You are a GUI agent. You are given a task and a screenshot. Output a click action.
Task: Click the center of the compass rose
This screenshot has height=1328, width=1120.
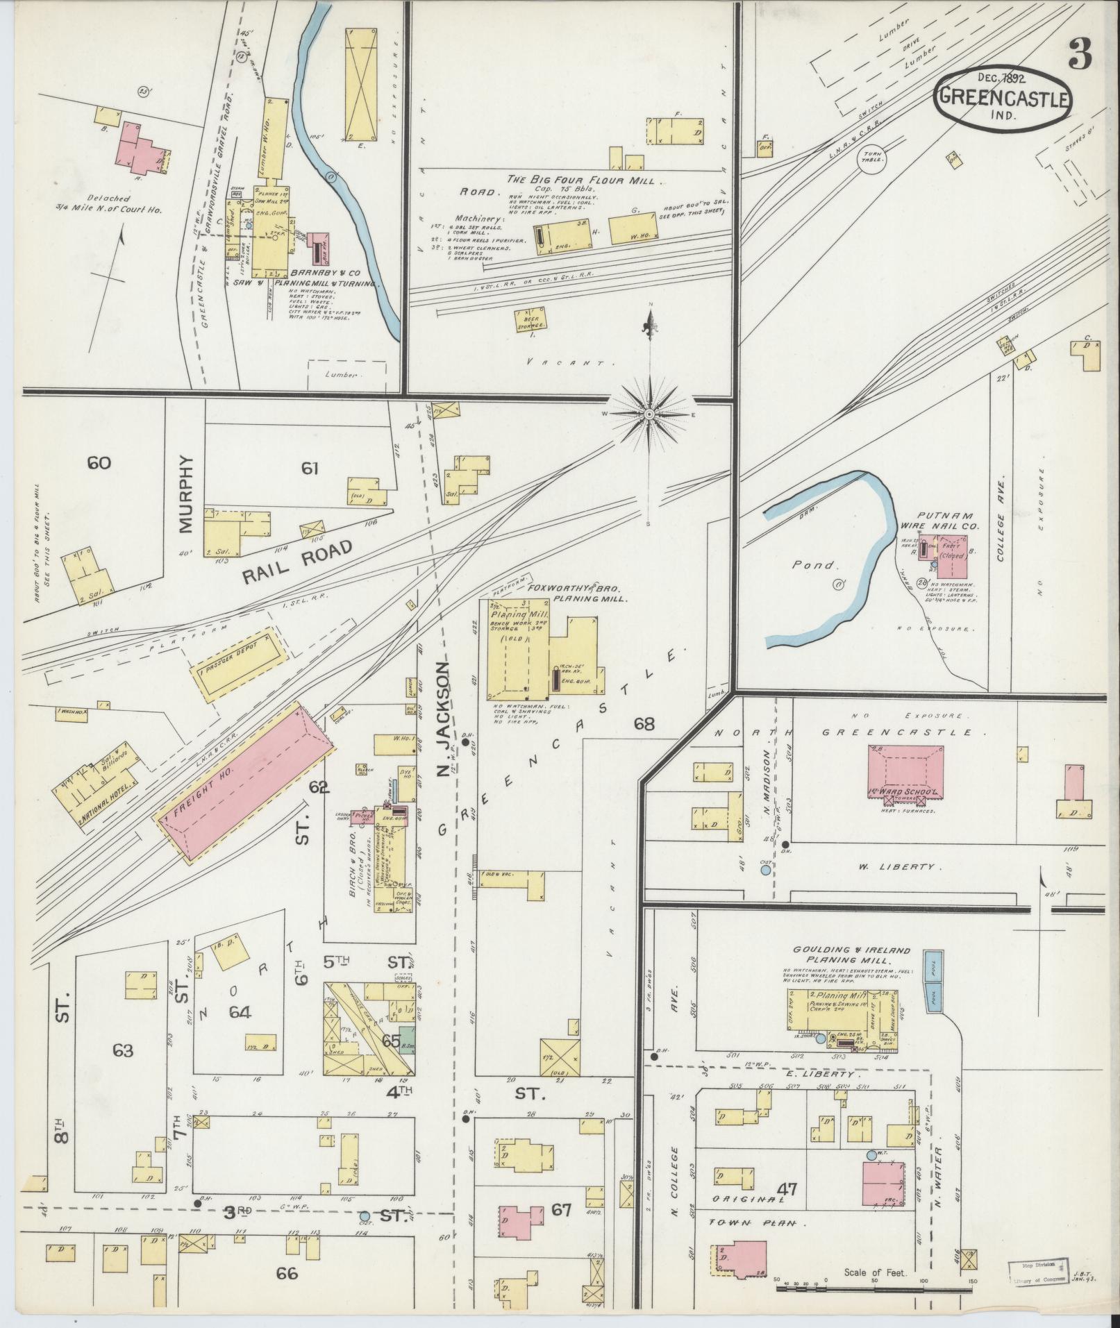click(649, 414)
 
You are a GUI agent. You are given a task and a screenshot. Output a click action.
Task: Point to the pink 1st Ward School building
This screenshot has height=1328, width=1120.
click(905, 768)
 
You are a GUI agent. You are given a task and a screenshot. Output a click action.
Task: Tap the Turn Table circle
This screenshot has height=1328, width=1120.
click(873, 156)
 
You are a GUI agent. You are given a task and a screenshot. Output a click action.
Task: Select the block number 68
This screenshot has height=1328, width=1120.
click(643, 723)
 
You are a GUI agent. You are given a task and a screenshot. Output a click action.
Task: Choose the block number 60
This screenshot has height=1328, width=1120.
click(99, 462)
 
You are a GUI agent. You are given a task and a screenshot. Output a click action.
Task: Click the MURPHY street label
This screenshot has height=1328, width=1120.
click(184, 494)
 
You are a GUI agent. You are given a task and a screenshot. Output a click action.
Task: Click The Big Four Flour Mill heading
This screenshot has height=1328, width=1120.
click(585, 180)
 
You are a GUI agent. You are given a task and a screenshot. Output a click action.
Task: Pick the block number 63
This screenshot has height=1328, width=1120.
click(122, 1069)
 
